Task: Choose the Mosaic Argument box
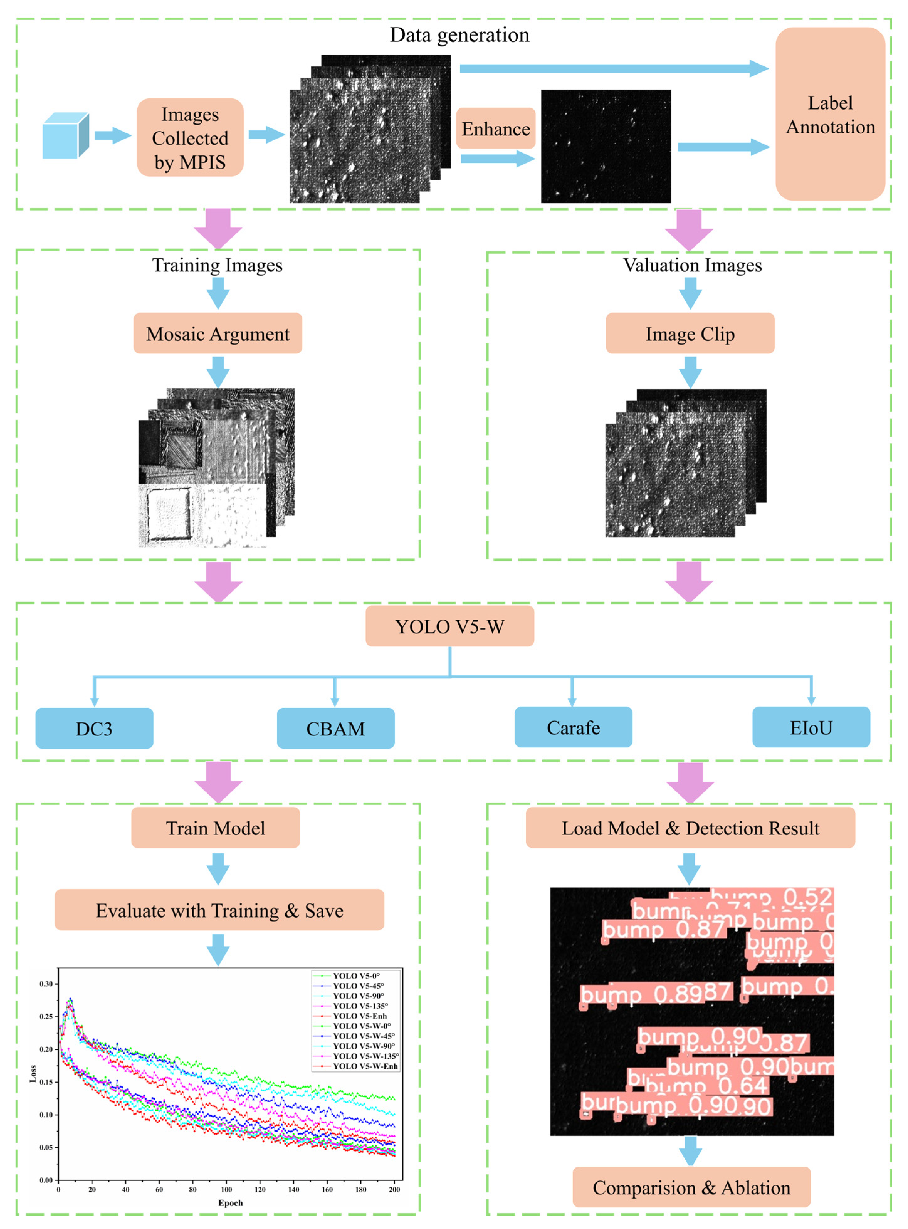218,333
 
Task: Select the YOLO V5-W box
449,626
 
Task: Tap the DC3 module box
94,729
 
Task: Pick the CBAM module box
335,729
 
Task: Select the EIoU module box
811,727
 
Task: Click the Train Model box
215,828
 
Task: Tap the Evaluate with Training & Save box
219,910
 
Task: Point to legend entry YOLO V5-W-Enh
365,1066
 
